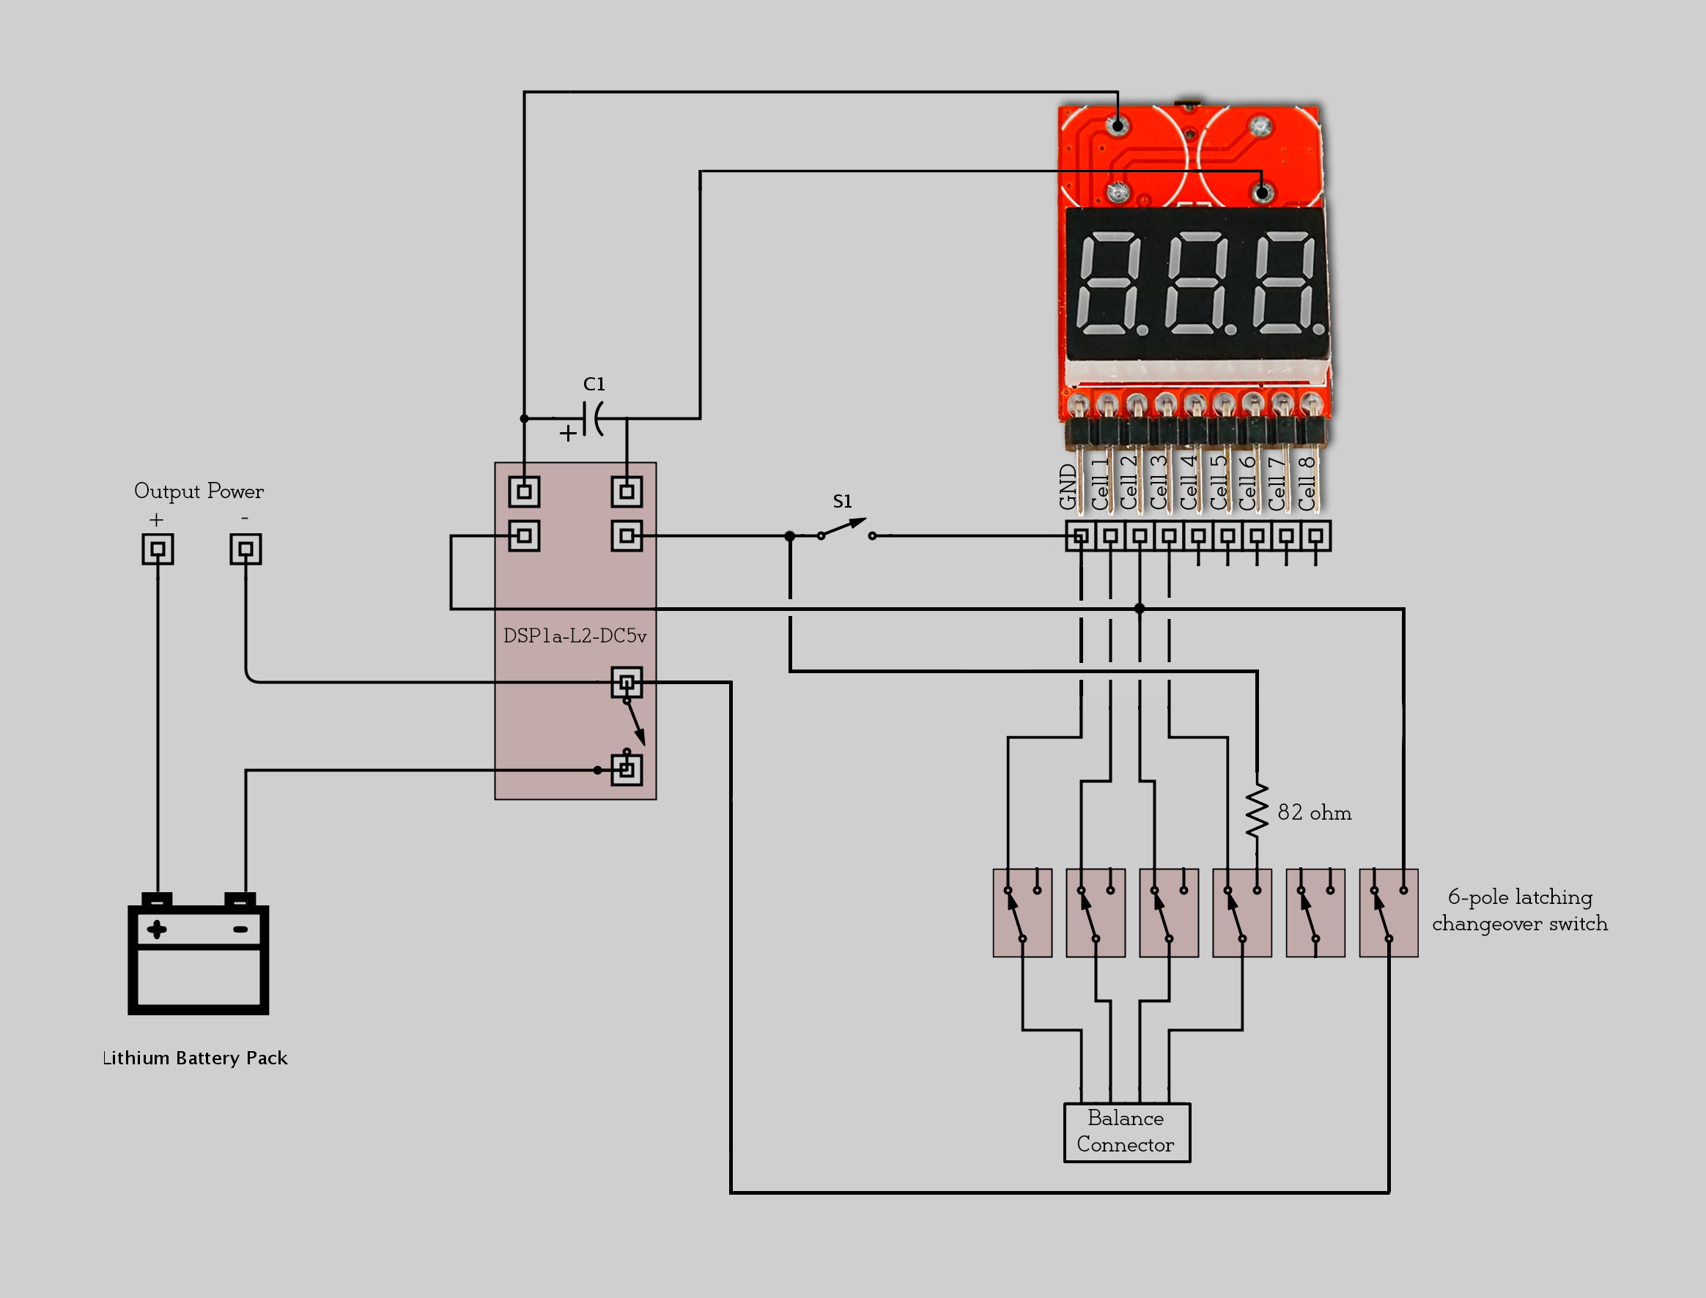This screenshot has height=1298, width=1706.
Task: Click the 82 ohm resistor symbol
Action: click(x=1257, y=812)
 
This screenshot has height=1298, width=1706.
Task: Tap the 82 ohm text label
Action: click(x=1314, y=813)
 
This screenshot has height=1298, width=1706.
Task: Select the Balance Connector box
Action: click(x=1126, y=1132)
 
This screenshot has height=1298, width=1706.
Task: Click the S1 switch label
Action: click(x=843, y=502)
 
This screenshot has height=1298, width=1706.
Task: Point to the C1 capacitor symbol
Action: click(x=594, y=418)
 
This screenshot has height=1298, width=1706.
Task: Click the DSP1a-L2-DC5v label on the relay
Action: click(x=575, y=636)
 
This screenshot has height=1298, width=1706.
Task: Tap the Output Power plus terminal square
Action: click(x=158, y=549)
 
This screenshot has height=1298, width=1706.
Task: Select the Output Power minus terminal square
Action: click(x=245, y=549)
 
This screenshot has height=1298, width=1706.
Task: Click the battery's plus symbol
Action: click(x=157, y=930)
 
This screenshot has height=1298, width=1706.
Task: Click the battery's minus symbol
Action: click(x=240, y=930)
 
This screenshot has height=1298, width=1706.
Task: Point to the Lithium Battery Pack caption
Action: click(x=195, y=1058)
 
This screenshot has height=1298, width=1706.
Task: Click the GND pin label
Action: click(x=1068, y=486)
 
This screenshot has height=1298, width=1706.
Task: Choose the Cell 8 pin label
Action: click(x=1307, y=483)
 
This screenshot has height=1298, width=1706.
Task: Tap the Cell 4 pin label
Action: click(x=1188, y=483)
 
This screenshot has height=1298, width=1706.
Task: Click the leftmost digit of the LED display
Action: click(x=1109, y=283)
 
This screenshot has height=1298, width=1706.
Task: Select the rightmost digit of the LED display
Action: click(x=1285, y=283)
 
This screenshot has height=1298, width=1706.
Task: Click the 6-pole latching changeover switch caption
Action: click(x=1519, y=911)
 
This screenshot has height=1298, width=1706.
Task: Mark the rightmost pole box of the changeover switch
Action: click(x=1388, y=913)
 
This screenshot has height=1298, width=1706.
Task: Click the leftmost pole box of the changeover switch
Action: click(x=1022, y=913)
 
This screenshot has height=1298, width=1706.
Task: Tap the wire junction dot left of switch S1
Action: click(x=790, y=535)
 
